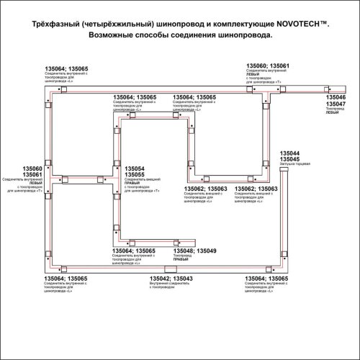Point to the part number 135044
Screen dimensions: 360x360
pos(290,153)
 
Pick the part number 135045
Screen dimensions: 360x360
pos(290,159)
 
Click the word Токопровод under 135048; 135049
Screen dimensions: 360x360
pos(183,256)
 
